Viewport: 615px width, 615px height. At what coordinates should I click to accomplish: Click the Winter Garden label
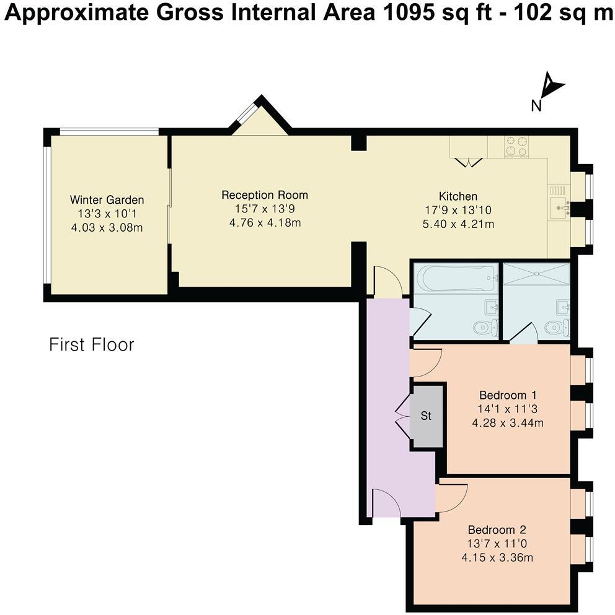click(x=107, y=199)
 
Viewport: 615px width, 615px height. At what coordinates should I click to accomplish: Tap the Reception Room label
click(x=265, y=195)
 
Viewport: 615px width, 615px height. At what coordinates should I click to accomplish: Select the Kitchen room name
click(x=458, y=196)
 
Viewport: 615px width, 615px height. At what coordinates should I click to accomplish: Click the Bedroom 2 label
click(x=497, y=530)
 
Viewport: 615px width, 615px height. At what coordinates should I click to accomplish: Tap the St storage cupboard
click(x=427, y=416)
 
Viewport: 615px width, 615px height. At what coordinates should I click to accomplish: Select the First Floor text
click(x=92, y=345)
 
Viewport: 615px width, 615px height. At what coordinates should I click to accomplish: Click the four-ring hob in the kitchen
click(x=516, y=147)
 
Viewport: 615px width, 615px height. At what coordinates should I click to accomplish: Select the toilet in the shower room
click(x=557, y=326)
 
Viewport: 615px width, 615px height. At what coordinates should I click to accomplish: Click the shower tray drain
click(x=536, y=274)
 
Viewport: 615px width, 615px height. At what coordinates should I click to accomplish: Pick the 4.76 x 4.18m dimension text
click(x=265, y=223)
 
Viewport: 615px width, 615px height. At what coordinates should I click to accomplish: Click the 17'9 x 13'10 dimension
click(x=458, y=210)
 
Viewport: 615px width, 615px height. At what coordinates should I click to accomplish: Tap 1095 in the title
click(x=408, y=14)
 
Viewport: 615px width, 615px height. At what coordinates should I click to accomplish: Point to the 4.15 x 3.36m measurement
click(x=497, y=557)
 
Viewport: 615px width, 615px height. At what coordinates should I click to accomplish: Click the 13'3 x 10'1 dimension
click(x=107, y=214)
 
